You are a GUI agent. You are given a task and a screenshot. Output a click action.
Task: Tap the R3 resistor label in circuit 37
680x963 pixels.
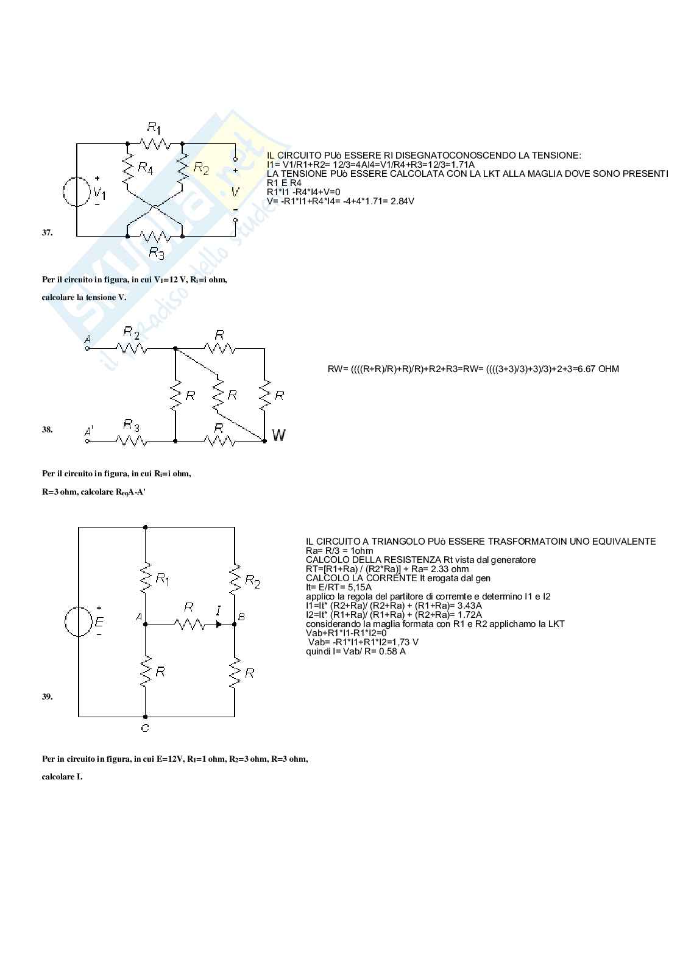157,253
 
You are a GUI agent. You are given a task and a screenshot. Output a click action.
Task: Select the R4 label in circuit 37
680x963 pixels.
145,168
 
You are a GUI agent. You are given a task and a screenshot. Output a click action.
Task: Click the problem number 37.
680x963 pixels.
47,232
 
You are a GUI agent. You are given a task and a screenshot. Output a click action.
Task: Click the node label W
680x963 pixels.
278,435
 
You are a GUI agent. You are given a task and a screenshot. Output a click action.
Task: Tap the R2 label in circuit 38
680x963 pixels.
131,332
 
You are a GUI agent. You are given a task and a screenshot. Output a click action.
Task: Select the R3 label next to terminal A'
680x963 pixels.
131,424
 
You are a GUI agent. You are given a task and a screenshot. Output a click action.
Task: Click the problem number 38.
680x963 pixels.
47,429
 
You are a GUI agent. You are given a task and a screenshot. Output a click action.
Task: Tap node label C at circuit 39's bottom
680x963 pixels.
145,728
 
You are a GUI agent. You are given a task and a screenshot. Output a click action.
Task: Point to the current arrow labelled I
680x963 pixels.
218,623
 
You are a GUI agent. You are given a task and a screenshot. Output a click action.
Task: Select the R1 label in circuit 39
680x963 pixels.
162,578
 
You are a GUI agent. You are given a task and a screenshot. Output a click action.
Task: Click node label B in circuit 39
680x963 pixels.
241,617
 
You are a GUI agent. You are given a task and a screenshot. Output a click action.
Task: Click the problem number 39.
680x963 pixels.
47,696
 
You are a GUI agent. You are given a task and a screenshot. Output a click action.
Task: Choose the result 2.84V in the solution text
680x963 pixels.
400,201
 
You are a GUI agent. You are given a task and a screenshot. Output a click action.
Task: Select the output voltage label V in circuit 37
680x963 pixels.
235,192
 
